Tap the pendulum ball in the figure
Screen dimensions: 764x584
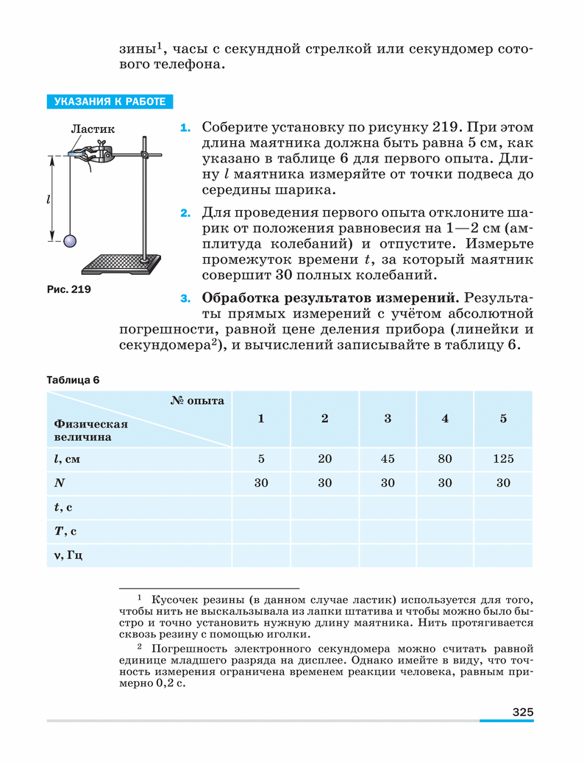(70, 240)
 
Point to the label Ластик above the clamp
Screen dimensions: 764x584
(88, 129)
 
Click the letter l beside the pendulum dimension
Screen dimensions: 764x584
(47, 200)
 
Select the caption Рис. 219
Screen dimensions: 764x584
(68, 289)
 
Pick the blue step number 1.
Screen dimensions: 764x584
(185, 128)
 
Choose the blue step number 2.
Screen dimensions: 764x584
(185, 214)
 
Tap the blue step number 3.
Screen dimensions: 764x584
(185, 300)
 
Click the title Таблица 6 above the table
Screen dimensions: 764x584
(72, 380)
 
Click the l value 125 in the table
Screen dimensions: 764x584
(503, 459)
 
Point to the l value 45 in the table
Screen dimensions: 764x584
(388, 459)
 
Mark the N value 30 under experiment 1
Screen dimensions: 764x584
(261, 483)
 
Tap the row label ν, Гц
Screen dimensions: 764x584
(68, 555)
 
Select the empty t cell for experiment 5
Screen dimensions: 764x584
(503, 507)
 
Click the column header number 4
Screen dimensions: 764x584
(445, 419)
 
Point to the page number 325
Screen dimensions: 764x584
(522, 712)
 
